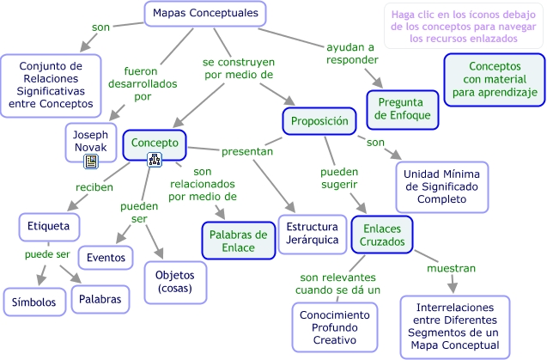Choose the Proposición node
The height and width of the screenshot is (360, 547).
click(x=319, y=121)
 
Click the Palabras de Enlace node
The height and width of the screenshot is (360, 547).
click(x=238, y=241)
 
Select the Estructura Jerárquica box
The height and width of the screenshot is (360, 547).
click(x=311, y=233)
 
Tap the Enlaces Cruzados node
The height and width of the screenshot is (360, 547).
click(x=381, y=234)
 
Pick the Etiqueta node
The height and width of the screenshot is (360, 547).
click(x=49, y=226)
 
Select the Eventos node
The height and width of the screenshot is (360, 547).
click(x=106, y=257)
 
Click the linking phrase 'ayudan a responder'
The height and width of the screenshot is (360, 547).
click(x=350, y=52)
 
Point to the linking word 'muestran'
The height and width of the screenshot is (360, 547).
click(x=452, y=268)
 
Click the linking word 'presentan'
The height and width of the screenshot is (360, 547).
click(x=246, y=151)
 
